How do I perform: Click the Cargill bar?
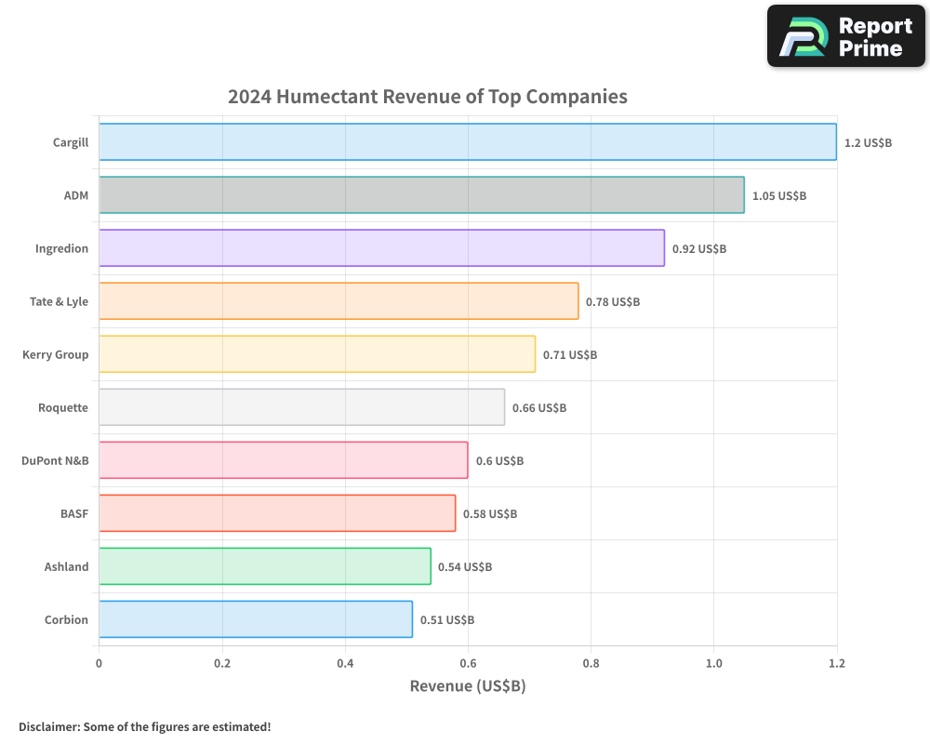468,142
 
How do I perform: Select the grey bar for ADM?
421,195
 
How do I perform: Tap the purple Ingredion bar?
381,248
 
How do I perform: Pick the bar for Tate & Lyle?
339,301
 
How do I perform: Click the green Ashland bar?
265,566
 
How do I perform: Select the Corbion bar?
256,619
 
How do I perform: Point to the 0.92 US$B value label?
698,249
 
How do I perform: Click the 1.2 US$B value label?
868,143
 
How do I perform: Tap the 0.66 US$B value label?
538,408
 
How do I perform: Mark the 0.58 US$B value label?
490,514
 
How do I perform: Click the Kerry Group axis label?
55,354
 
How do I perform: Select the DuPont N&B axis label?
55,460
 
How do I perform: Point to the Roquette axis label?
63,407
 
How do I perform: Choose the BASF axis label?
73,513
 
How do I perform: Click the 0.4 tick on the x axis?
345,663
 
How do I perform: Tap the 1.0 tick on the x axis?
713,663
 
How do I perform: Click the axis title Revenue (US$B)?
468,686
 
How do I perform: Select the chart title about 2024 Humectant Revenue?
428,97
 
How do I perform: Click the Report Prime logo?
846,36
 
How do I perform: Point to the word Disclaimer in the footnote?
48,726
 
